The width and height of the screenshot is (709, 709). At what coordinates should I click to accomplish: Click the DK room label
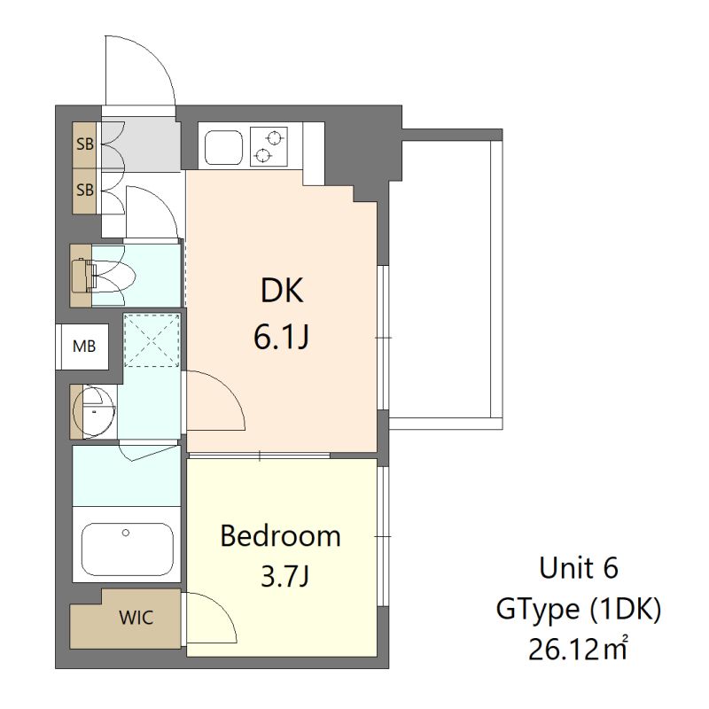click(282, 291)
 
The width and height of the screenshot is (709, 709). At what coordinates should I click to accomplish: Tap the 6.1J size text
click(281, 337)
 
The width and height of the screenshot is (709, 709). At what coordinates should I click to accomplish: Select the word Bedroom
click(280, 536)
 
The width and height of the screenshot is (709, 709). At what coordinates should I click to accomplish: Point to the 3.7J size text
click(285, 576)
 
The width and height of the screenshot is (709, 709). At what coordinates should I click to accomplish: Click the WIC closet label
click(136, 618)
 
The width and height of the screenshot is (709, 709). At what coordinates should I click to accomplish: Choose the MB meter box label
click(84, 347)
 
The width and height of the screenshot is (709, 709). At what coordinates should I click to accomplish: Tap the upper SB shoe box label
click(85, 144)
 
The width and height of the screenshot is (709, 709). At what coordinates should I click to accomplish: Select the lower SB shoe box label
click(85, 190)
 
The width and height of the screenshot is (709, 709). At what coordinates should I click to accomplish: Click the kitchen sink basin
click(224, 148)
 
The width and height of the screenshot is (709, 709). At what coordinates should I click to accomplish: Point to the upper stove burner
click(274, 137)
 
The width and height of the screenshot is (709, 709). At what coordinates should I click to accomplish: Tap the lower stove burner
click(262, 155)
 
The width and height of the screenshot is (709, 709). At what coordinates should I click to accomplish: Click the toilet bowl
click(113, 276)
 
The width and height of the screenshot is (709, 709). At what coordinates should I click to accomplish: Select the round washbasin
click(94, 410)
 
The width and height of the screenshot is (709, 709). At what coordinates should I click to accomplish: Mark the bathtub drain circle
click(126, 534)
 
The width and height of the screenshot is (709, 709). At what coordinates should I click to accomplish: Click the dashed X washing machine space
click(152, 340)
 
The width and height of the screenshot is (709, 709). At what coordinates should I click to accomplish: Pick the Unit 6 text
click(579, 568)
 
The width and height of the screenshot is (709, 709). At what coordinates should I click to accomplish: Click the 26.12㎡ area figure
click(579, 650)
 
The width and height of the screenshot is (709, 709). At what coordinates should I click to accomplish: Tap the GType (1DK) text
click(579, 609)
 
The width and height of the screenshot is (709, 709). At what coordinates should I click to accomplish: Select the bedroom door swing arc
click(222, 607)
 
